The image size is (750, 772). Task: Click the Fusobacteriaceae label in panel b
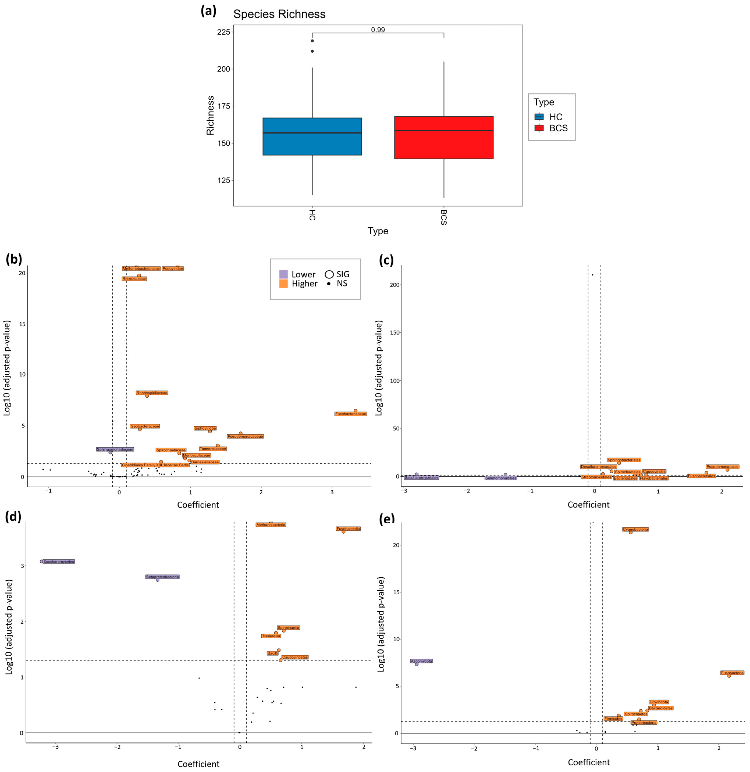350,414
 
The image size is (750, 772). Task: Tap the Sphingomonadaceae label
115,449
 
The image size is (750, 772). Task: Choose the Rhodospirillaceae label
152,393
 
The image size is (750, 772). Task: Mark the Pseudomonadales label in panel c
722,467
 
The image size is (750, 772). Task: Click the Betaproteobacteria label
162,577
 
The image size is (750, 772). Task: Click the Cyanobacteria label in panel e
635,530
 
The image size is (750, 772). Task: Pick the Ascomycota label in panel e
421,661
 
